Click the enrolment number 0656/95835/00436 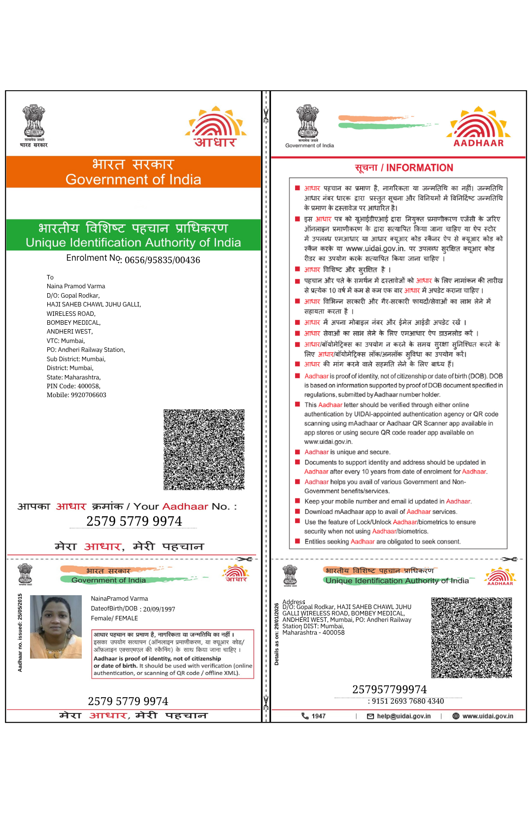[162, 260]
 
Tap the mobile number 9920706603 [76, 395]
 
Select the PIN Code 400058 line [73, 386]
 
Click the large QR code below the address [204, 449]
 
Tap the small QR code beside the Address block [471, 638]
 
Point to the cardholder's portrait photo [56, 627]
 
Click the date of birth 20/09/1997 [159, 610]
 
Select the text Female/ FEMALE [114, 618]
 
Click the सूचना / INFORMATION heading [404, 168]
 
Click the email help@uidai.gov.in [403, 716]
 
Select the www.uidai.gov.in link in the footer [487, 716]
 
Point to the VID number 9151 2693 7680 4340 [407, 701]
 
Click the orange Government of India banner [133, 172]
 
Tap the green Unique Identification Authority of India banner [133, 235]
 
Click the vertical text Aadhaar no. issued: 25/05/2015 [20, 633]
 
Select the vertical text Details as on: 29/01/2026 [277, 634]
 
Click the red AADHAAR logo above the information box [478, 127]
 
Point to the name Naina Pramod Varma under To [76, 286]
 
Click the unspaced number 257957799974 [389, 689]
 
